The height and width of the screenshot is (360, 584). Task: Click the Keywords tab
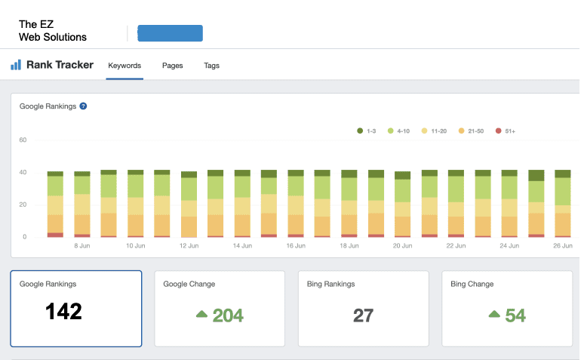124,66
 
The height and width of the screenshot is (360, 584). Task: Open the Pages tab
173,66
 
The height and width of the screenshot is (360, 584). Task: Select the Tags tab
211,66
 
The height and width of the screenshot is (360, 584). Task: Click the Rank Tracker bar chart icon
16,65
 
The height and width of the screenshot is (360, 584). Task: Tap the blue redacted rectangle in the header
171,33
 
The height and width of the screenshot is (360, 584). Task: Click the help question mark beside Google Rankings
83,106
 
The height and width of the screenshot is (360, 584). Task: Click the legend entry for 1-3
367,131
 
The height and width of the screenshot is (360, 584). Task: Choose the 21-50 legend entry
471,131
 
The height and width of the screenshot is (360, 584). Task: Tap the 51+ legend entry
505,131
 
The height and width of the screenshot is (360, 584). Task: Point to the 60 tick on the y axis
23,140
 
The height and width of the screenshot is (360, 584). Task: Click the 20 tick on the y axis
23,205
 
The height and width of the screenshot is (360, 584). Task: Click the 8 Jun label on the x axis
82,246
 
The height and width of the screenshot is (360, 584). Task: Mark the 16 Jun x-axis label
296,246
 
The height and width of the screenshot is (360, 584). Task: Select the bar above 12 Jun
189,205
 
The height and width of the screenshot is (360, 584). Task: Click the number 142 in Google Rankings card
64,312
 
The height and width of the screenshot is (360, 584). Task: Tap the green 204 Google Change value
228,315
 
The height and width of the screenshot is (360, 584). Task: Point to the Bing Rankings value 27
363,315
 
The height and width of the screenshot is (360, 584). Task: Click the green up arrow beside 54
494,314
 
